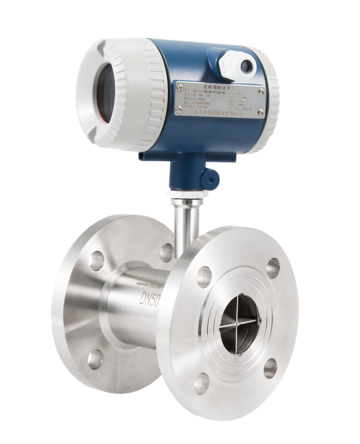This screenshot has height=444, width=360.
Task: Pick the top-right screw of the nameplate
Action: coord(262,91)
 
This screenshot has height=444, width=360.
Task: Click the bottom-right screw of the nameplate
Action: coord(260,112)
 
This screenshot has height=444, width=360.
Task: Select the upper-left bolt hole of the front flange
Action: coord(204,276)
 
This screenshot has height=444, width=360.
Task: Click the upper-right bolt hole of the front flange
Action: coord(273,268)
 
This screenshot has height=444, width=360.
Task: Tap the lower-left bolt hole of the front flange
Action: coord(201,382)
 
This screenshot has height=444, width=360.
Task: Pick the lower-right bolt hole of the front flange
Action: coord(270,368)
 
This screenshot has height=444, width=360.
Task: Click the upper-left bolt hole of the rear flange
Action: coord(96,261)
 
